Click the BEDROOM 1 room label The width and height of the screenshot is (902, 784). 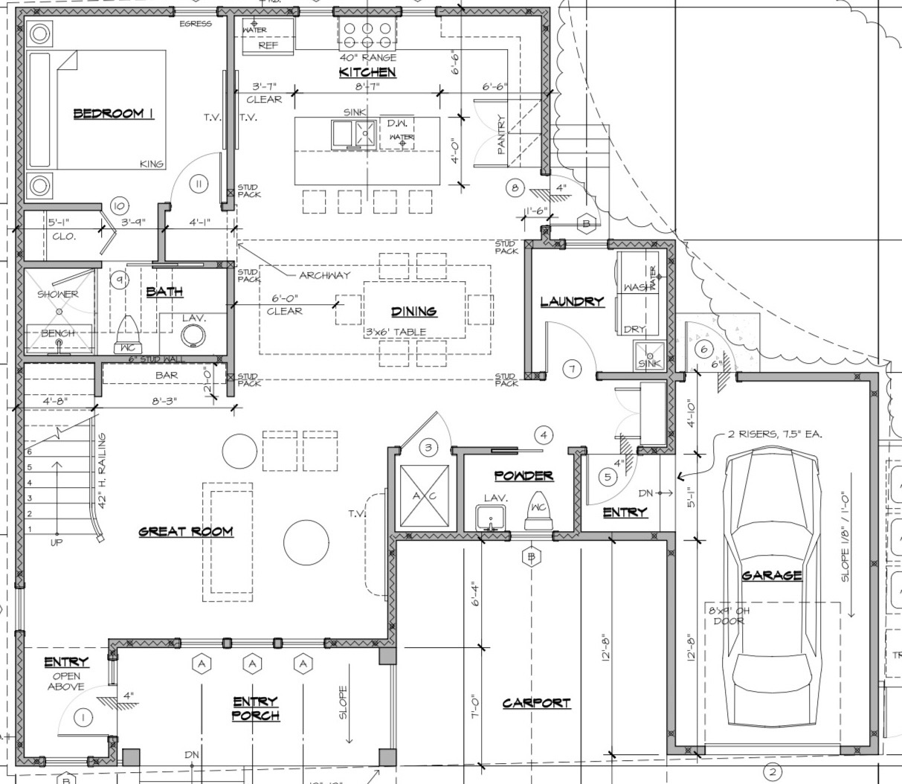[x=113, y=114]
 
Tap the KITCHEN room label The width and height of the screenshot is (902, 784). [x=367, y=72]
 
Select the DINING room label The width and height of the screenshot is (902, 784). [x=414, y=312]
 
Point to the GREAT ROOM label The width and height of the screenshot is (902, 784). [x=186, y=532]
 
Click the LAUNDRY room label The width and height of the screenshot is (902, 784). [x=572, y=302]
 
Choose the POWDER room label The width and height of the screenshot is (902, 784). [x=524, y=476]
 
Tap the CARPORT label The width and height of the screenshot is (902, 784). [x=536, y=703]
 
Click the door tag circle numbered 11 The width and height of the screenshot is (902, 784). [x=199, y=184]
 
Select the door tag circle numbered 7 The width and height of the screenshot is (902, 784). [x=572, y=369]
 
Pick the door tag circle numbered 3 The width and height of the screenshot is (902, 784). [x=428, y=447]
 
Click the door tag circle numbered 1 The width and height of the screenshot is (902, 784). [x=83, y=718]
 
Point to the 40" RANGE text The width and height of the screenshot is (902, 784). [x=368, y=57]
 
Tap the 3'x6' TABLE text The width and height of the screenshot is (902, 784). [x=395, y=332]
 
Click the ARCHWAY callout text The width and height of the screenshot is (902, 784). [x=324, y=275]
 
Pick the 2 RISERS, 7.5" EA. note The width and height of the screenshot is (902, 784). [x=774, y=434]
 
